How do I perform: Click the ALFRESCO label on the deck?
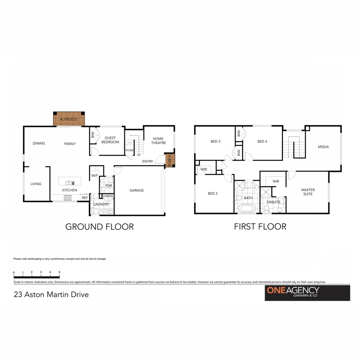pyautogui.click(x=69, y=119)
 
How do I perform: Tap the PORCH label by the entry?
pyautogui.click(x=170, y=160)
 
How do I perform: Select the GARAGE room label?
pyautogui.click(x=137, y=190)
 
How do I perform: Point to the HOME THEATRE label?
pyautogui.click(x=158, y=141)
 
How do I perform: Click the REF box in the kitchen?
pyautogui.click(x=85, y=198)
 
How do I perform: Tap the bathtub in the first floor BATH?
pyautogui.click(x=247, y=209)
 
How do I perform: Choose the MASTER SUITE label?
pyautogui.click(x=308, y=192)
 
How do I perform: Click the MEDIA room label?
pyautogui.click(x=323, y=147)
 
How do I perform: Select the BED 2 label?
pyautogui.click(x=212, y=193)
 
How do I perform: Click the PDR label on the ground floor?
pyautogui.click(x=108, y=186)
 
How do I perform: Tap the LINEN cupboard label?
pyautogui.click(x=108, y=196)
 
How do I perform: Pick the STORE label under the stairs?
pyautogui.click(x=129, y=150)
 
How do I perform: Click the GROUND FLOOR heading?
pyautogui.click(x=99, y=227)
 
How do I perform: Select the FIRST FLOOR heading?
pyautogui.click(x=260, y=227)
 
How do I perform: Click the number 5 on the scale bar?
pyautogui.click(x=59, y=272)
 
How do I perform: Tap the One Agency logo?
pyautogui.click(x=307, y=293)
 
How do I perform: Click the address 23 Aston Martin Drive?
pyautogui.click(x=51, y=295)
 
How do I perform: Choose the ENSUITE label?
pyautogui.click(x=274, y=202)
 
